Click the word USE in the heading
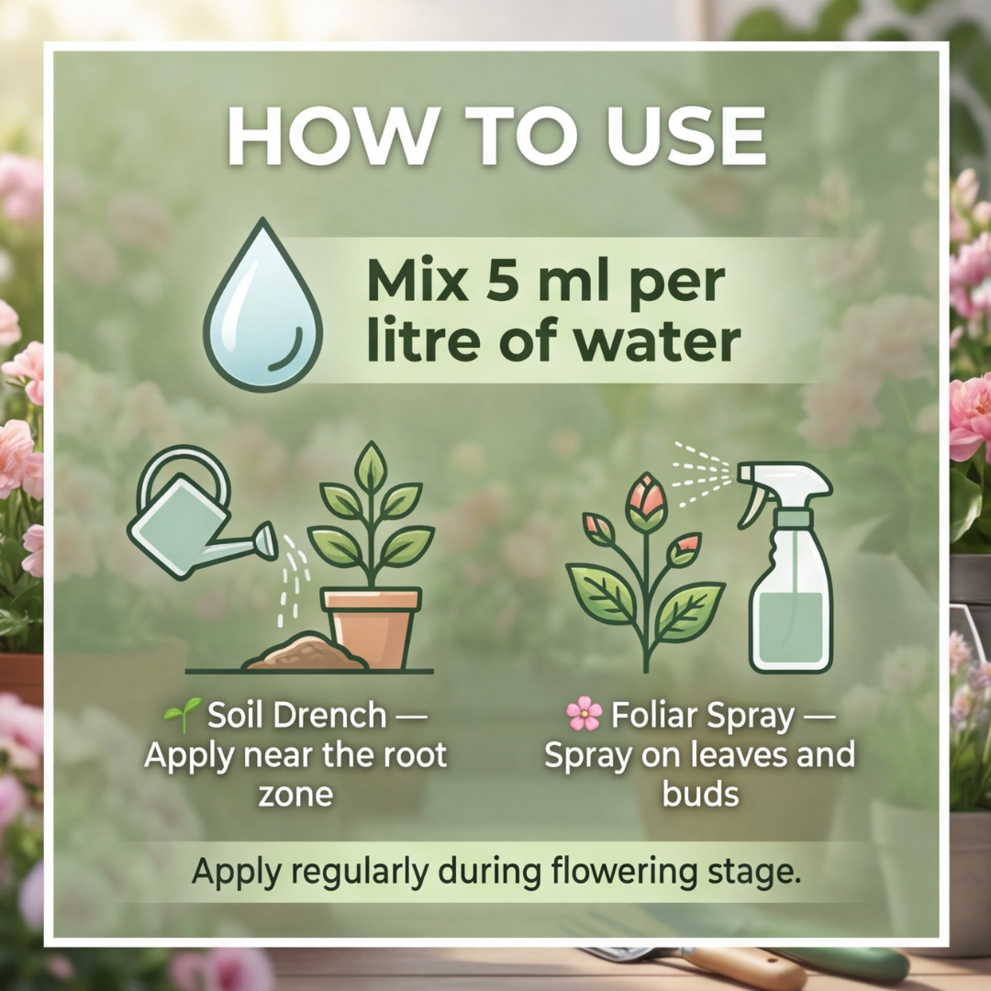click(x=685, y=137)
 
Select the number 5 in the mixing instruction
click(x=503, y=282)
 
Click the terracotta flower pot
click(x=371, y=627)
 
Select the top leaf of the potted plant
click(x=371, y=466)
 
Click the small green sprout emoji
click(x=183, y=715)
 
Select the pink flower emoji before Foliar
click(x=584, y=714)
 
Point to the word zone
click(x=295, y=795)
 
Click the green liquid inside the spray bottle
click(x=791, y=627)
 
